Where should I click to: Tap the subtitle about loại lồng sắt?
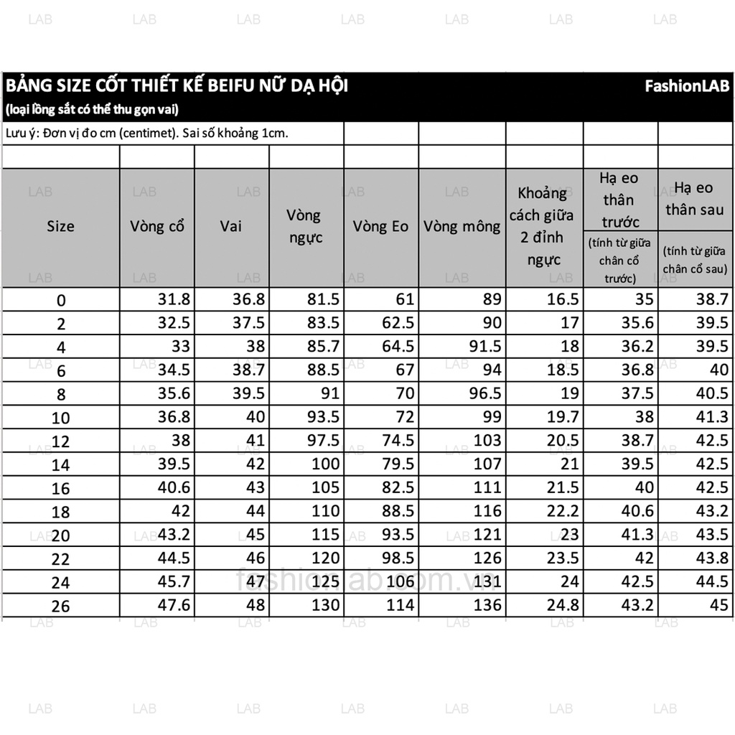pyautogui.click(x=91, y=110)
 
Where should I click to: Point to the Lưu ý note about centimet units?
pyautogui.click(x=146, y=134)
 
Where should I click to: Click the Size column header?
pyautogui.click(x=60, y=226)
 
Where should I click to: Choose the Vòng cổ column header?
pyautogui.click(x=157, y=226)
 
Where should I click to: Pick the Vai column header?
pyautogui.click(x=231, y=226)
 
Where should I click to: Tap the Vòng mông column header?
pyautogui.click(x=462, y=226)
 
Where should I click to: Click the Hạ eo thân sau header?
pyautogui.click(x=694, y=199)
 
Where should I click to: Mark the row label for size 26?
pyautogui.click(x=61, y=606)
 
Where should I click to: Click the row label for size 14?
pyautogui.click(x=61, y=464)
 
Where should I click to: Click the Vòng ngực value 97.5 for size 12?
pyautogui.click(x=324, y=441)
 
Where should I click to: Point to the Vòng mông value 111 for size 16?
pyautogui.click(x=487, y=488)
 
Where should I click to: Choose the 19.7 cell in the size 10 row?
pyautogui.click(x=563, y=417)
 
